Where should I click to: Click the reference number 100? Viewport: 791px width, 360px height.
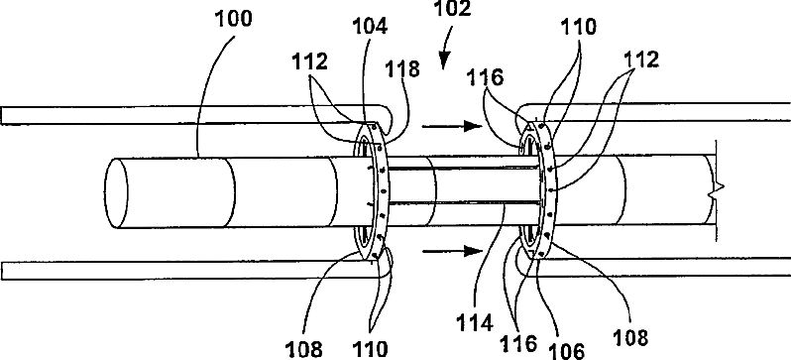234,19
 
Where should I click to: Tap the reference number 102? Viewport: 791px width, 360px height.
451,10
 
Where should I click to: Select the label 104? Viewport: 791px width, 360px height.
369,27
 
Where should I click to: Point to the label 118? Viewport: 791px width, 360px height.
402,69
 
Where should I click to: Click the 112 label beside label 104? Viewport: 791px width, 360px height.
309,61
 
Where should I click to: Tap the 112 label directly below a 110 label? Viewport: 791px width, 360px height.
640,60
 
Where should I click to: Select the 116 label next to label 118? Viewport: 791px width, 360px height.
486,77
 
